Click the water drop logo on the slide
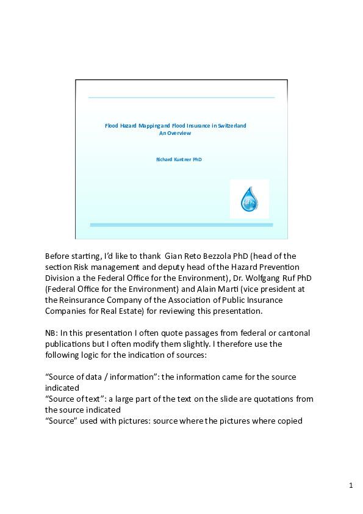pyautogui.click(x=249, y=199)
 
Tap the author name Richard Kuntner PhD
pyautogui.click(x=179, y=159)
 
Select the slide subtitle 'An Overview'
pyautogui.click(x=175, y=132)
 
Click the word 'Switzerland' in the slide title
pyautogui.click(x=232, y=125)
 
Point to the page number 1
pyautogui.click(x=351, y=485)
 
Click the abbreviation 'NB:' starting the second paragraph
pyautogui.click(x=52, y=333)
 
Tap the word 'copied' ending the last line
pyautogui.click(x=289, y=421)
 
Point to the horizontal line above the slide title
pyautogui.click(x=181, y=97)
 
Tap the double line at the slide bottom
pyautogui.click(x=181, y=225)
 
